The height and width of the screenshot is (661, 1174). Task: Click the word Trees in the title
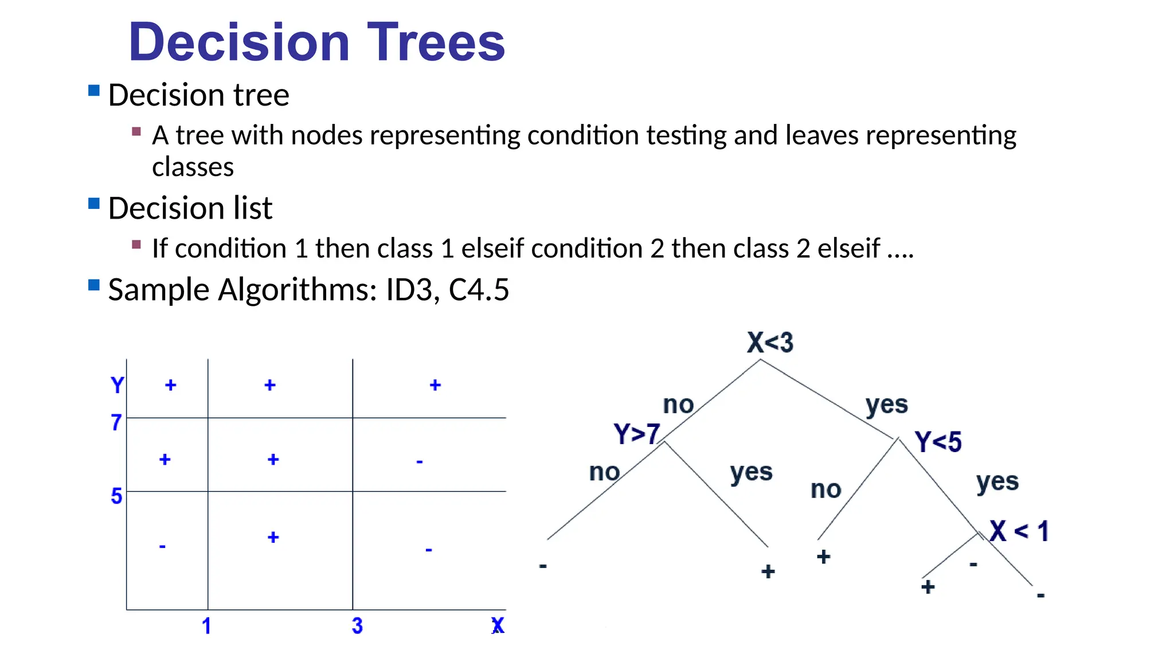click(x=436, y=42)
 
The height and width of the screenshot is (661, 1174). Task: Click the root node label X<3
click(x=770, y=343)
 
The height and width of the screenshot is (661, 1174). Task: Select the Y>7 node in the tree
click(x=636, y=434)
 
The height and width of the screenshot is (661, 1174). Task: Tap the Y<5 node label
click(x=938, y=442)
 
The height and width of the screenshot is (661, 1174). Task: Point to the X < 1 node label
click(x=1019, y=531)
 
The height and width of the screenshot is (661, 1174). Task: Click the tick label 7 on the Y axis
click(x=116, y=423)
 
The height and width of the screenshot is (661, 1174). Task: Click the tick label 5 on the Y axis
click(x=116, y=496)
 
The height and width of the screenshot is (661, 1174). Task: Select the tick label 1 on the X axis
click(x=206, y=626)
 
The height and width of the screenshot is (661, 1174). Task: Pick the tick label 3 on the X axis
click(x=357, y=626)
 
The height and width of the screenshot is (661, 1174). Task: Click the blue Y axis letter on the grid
click(x=117, y=385)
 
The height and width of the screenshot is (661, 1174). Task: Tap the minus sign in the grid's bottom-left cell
click(x=162, y=546)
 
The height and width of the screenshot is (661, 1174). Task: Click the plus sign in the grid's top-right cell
click(x=435, y=385)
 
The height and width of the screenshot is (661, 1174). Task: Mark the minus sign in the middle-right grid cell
click(x=420, y=461)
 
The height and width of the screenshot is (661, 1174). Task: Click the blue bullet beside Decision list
click(x=94, y=204)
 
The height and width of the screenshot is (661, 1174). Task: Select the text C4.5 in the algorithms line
click(x=479, y=290)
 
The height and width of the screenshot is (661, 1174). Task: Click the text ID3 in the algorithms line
click(x=409, y=290)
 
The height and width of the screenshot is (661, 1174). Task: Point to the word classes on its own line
click(x=193, y=167)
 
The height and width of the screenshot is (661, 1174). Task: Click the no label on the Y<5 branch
click(x=825, y=489)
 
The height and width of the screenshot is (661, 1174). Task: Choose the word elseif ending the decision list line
click(x=848, y=249)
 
